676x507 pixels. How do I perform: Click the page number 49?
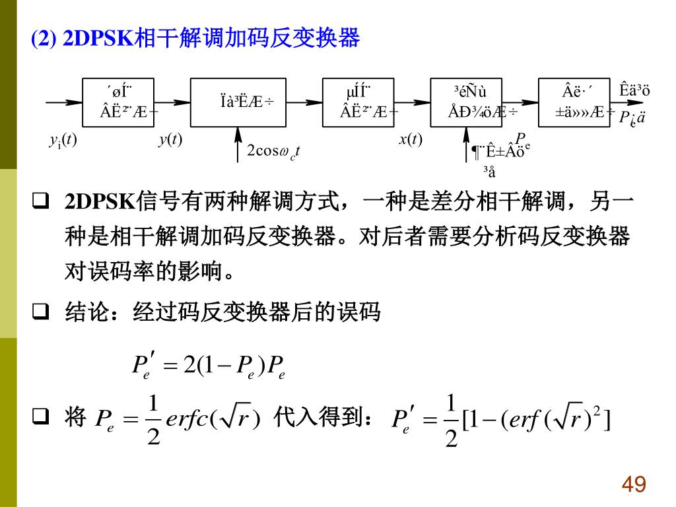coord(634,485)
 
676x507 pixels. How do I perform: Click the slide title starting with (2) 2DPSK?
coord(195,39)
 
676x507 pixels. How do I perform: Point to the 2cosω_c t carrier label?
coord(273,151)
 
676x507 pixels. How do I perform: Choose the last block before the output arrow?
coord(574,102)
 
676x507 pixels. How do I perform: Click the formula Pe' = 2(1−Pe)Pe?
coord(209,365)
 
